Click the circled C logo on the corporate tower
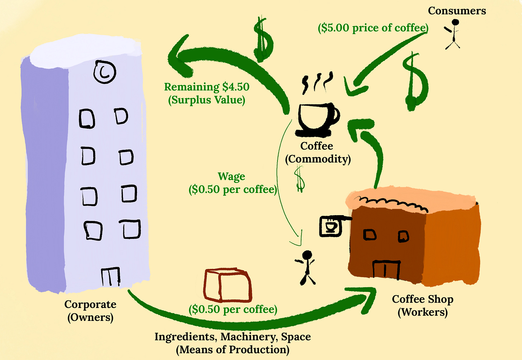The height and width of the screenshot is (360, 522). coord(105,72)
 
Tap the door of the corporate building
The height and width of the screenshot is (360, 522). coord(110,276)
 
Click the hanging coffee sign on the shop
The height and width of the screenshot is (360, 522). coord(330,226)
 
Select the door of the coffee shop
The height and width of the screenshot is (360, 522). coord(386,270)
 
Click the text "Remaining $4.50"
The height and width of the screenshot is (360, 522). coord(207,87)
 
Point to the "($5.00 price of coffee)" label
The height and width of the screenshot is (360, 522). coord(373,28)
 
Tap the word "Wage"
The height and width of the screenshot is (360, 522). coord(231,176)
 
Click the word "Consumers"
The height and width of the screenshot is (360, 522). coord(457,11)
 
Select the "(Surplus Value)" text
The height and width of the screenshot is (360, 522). coord(207,100)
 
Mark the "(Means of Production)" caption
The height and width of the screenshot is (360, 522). coord(232,349)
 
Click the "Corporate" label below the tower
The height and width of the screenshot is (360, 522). coord(90,304)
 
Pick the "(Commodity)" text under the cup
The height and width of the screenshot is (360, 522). coord(318,159)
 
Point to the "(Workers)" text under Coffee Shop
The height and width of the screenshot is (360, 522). coord(423,312)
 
